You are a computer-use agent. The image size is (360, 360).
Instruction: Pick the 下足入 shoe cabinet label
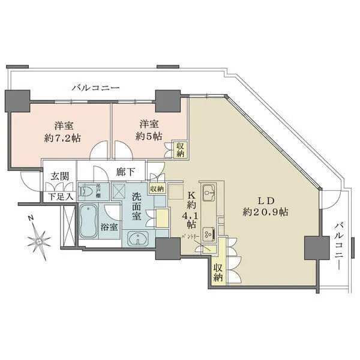point(61,196)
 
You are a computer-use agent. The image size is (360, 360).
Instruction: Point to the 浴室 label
point(109,227)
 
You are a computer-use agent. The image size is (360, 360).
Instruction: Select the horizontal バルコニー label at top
point(95,88)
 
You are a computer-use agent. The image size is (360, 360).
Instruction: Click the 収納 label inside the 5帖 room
point(180,149)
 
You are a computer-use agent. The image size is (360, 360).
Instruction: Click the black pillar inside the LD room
point(314,248)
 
